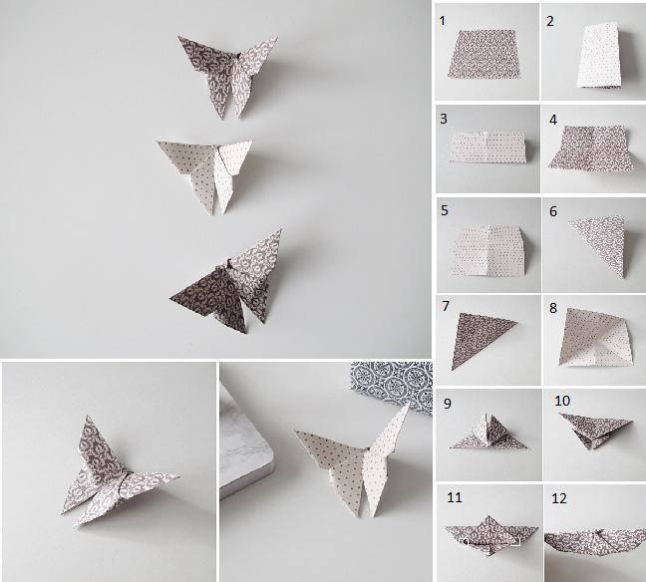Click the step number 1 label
442,21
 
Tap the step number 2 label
550,21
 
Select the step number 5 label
445,210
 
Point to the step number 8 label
553,308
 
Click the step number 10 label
562,401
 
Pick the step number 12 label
559,498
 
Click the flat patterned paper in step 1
484,54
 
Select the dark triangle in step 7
480,338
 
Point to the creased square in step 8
595,338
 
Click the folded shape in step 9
489,433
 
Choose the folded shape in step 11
490,534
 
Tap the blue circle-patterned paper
392,383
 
